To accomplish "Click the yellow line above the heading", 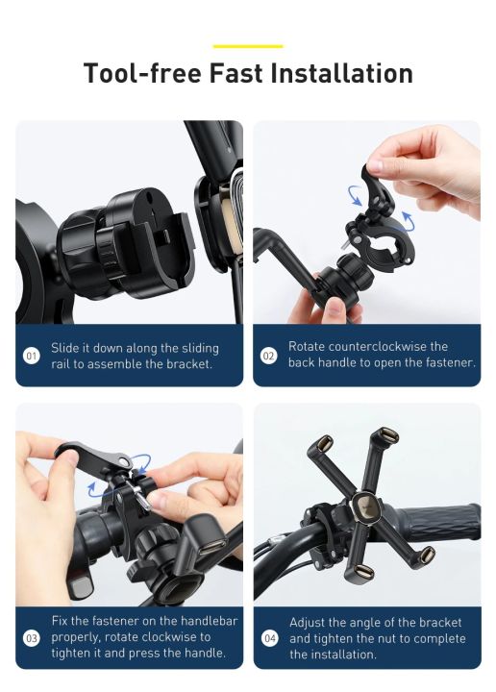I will click(x=247, y=45).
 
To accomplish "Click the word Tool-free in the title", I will click(x=136, y=74).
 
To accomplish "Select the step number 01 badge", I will click(x=31, y=357).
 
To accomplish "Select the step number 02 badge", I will click(x=269, y=355).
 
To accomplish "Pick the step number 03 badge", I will click(x=32, y=638).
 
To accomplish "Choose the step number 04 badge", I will click(x=270, y=638).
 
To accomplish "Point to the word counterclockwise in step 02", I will click(x=380, y=346).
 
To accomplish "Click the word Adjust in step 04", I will click(x=310, y=623).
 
